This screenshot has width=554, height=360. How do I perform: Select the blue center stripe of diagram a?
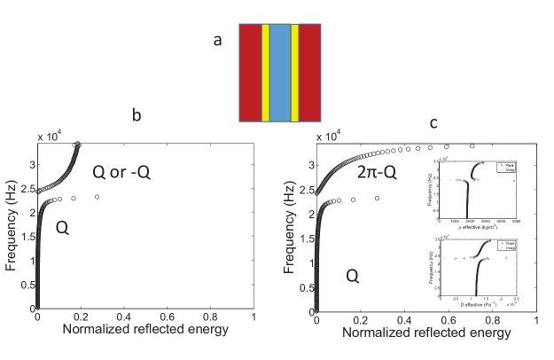coord(280,73)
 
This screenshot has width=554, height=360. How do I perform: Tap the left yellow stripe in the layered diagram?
coord(265,73)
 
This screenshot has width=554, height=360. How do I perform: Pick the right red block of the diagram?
coord(310,73)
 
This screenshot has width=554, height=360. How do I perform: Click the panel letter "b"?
coord(137,115)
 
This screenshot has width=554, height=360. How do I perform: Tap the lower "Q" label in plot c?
coord(352,277)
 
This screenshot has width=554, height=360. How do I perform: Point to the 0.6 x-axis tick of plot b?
coord(167,317)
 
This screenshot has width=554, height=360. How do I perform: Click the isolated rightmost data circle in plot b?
coord(97,197)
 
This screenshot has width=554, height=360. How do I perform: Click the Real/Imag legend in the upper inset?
coord(509,168)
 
